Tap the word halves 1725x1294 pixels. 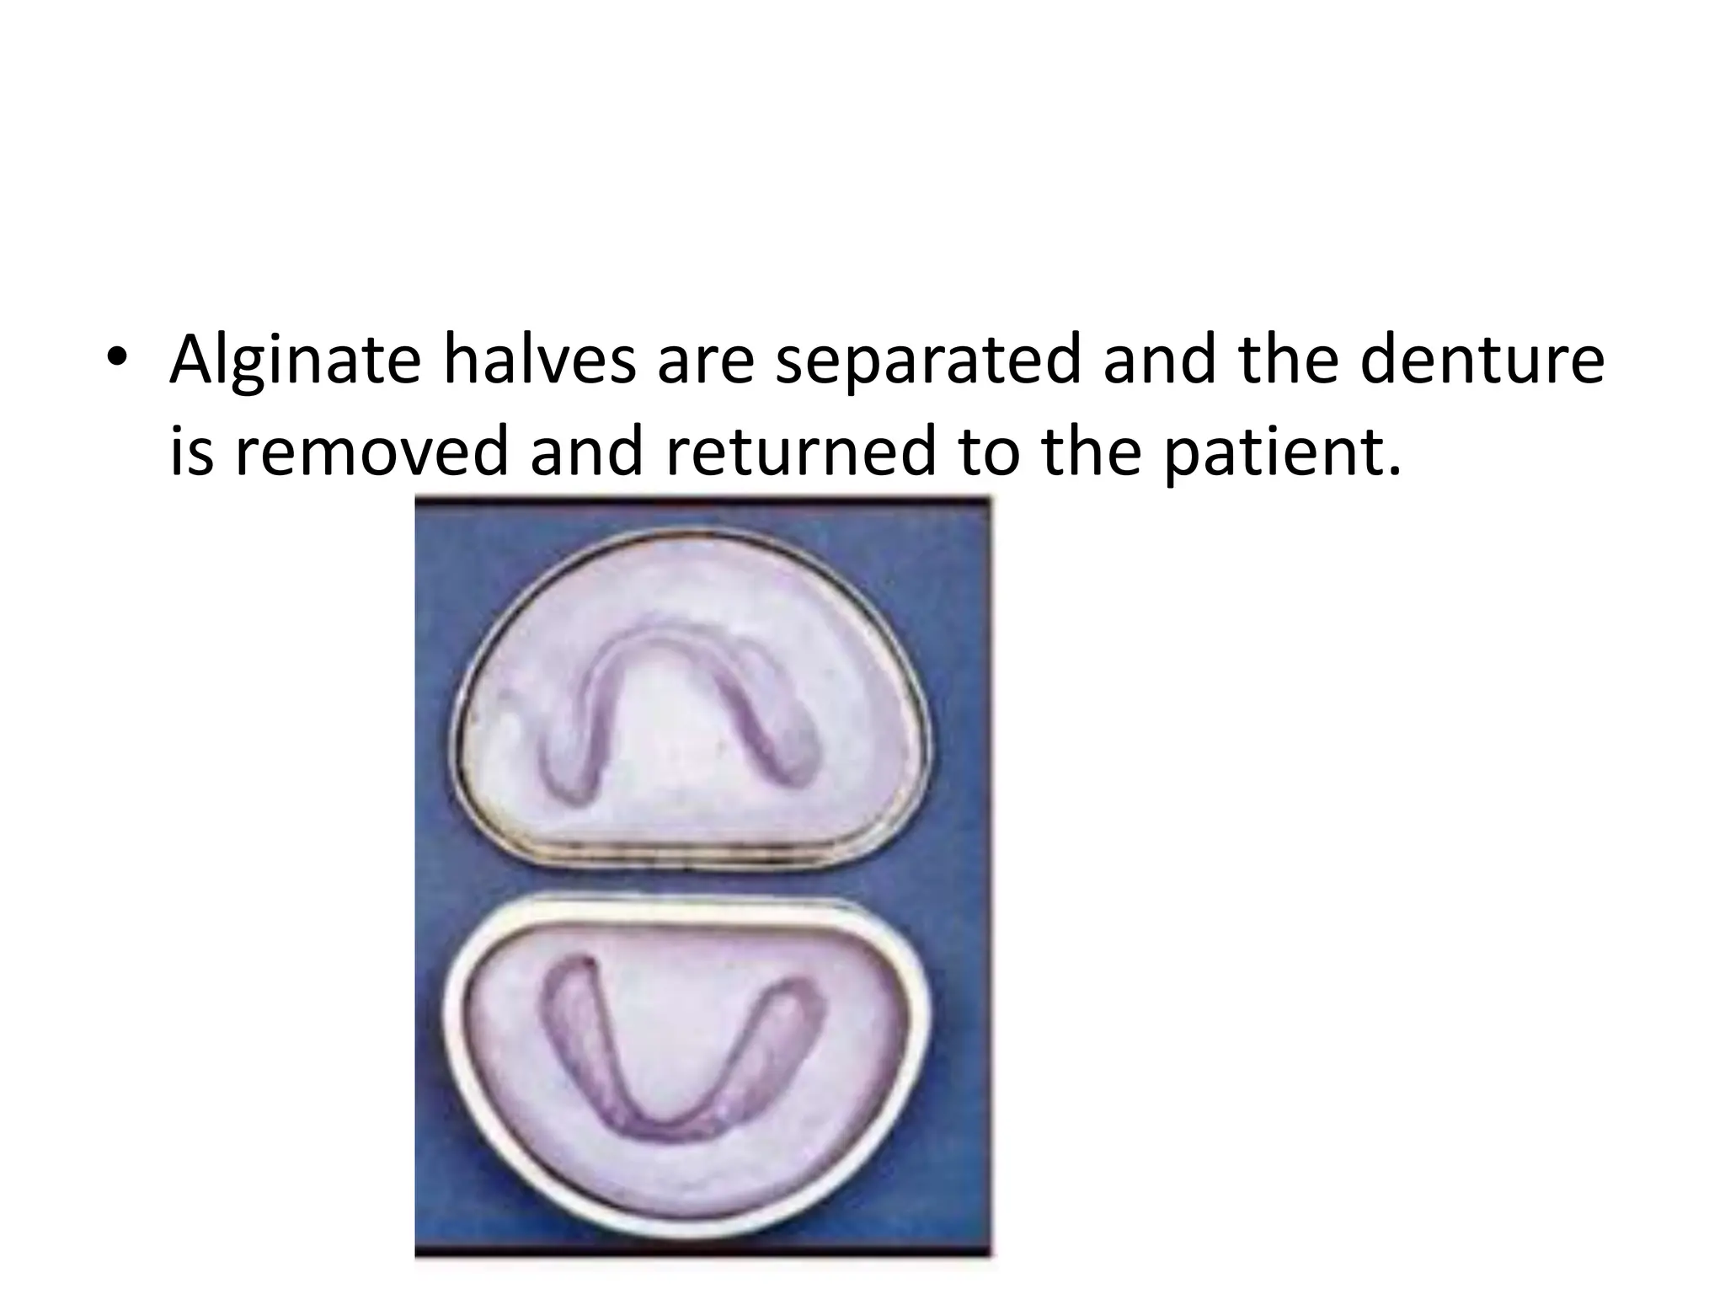[x=539, y=360]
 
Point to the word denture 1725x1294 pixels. [x=1482, y=360]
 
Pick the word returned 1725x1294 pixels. [x=800, y=451]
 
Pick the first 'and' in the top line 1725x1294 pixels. [x=1157, y=360]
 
